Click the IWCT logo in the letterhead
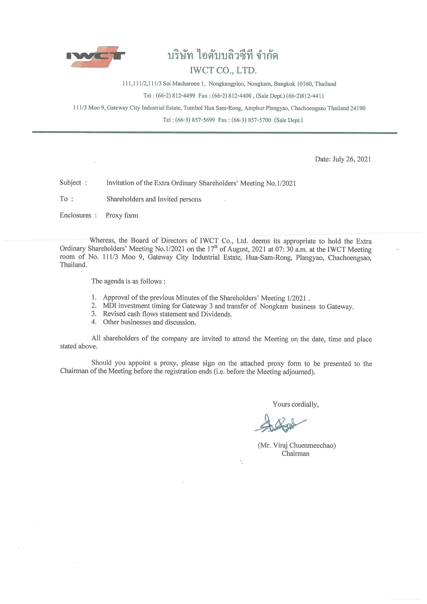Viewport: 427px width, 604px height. [x=96, y=57]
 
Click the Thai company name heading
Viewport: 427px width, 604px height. [x=223, y=56]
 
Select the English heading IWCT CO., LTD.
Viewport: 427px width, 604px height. [x=223, y=70]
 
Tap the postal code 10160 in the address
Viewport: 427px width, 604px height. [x=305, y=84]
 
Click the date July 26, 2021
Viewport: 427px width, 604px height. [x=352, y=159]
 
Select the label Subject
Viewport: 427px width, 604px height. [x=70, y=182]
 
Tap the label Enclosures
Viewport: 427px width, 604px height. [x=75, y=215]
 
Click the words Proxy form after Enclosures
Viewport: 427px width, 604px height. [x=122, y=216]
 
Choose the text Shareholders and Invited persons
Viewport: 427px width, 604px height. [x=154, y=199]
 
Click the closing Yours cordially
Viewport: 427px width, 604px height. [x=295, y=404]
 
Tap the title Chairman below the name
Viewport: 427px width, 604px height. [x=295, y=454]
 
